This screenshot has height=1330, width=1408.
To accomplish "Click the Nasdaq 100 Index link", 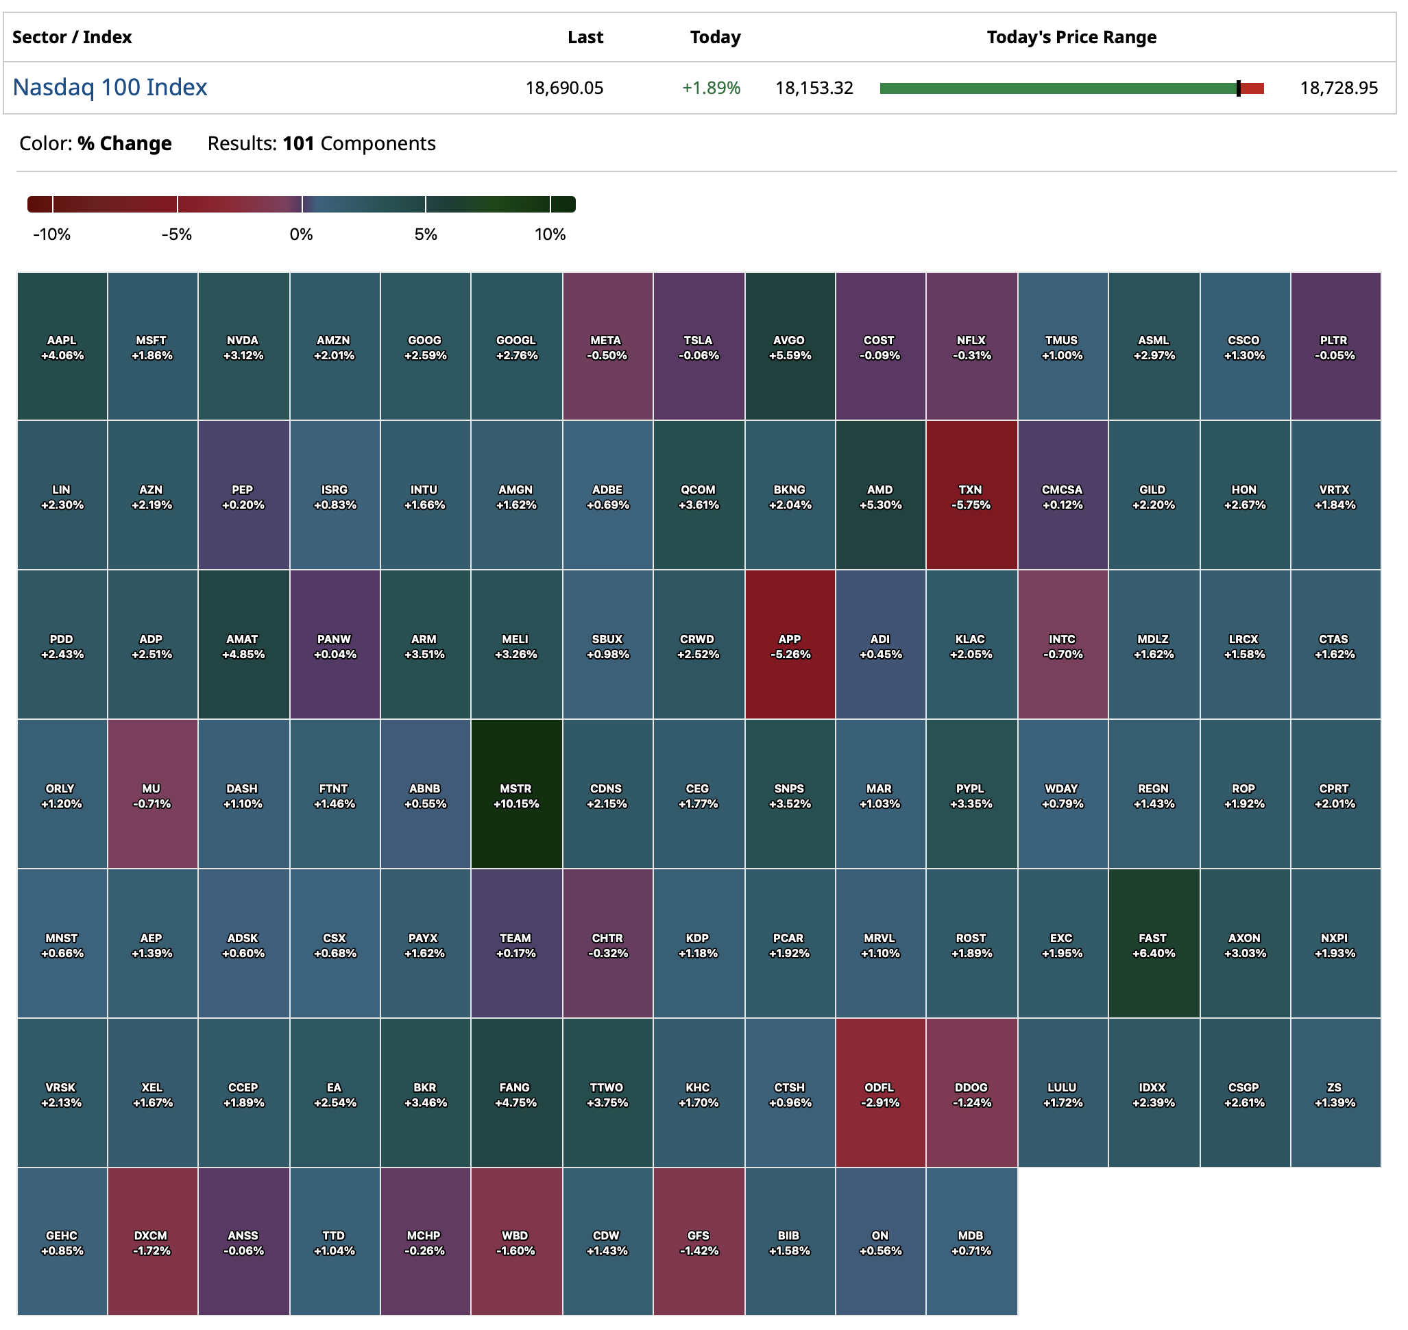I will pyautogui.click(x=110, y=87).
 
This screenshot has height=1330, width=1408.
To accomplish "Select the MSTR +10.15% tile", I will pyautogui.click(x=516, y=795).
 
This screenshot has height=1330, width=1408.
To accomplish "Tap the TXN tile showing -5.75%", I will pyautogui.click(x=971, y=496).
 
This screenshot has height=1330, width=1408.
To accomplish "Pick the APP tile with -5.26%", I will pyautogui.click(x=789, y=645).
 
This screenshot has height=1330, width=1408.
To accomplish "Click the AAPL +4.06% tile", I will pyautogui.click(x=62, y=347).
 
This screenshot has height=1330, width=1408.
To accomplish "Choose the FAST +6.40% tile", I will pyautogui.click(x=1154, y=944).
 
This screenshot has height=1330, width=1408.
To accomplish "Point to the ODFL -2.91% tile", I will pyautogui.click(x=879, y=1093).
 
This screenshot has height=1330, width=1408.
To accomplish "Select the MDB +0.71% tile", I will pyautogui.click(x=971, y=1242).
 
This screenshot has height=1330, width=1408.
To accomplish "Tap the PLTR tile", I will pyautogui.click(x=1334, y=347).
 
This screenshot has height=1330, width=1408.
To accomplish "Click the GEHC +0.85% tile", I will pyautogui.click(x=62, y=1242).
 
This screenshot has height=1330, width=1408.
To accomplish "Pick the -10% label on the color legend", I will pyautogui.click(x=51, y=234).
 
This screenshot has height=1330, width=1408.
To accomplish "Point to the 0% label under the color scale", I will pyautogui.click(x=302, y=234).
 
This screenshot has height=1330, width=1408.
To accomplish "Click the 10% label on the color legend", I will pyautogui.click(x=550, y=234).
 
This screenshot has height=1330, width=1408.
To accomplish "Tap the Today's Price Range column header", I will pyautogui.click(x=1071, y=37).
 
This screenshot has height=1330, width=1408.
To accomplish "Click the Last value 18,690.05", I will pyautogui.click(x=564, y=88).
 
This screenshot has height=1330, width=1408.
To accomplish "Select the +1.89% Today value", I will pyautogui.click(x=711, y=88).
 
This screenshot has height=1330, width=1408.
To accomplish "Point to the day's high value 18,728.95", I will pyautogui.click(x=1339, y=88).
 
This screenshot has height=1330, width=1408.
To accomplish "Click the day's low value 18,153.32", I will pyautogui.click(x=814, y=88).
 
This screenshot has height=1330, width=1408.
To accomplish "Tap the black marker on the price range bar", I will pyautogui.click(x=1238, y=88).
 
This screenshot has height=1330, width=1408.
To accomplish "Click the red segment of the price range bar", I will pyautogui.click(x=1253, y=88).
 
